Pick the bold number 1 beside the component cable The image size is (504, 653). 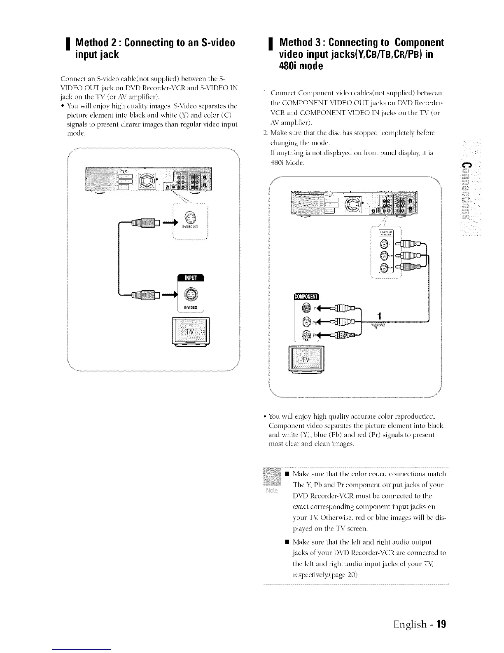(380, 316)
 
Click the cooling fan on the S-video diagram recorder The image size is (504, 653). (147, 181)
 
